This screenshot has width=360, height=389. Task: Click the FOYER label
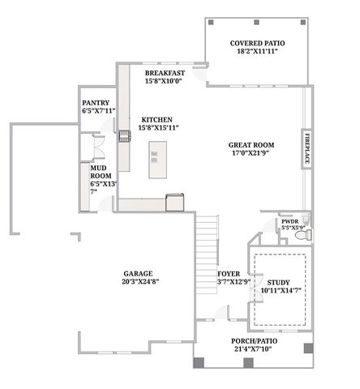tap(229, 273)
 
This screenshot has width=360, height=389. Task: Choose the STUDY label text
tap(280, 280)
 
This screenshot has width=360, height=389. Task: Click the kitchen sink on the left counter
tap(124, 136)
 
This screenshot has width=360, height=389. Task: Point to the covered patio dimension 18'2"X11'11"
tap(255, 51)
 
